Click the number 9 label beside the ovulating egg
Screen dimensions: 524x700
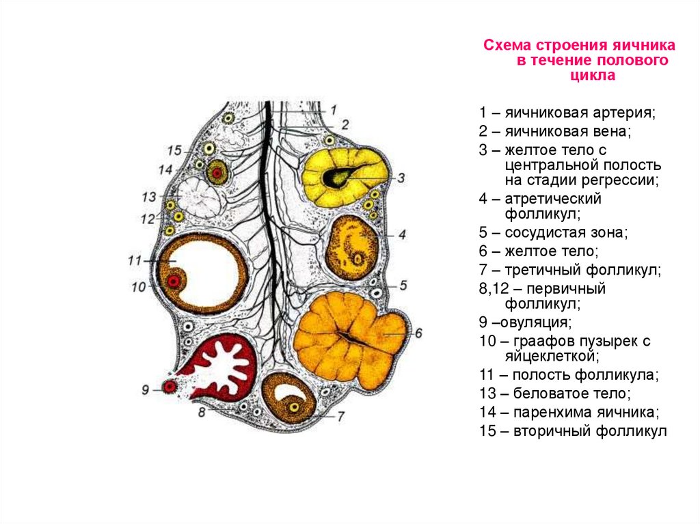(x=146, y=389)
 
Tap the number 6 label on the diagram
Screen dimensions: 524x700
(x=418, y=333)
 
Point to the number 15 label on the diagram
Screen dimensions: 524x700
(x=174, y=150)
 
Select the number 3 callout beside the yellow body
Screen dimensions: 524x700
(x=401, y=178)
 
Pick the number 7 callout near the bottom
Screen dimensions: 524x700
(x=340, y=415)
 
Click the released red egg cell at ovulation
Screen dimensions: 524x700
(x=170, y=387)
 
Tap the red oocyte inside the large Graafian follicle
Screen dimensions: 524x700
(x=175, y=281)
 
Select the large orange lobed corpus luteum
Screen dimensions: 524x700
(x=349, y=338)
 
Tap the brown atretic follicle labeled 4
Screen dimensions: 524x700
(x=353, y=246)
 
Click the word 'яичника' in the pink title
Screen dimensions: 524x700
(x=643, y=46)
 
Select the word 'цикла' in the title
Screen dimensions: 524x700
(x=593, y=76)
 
